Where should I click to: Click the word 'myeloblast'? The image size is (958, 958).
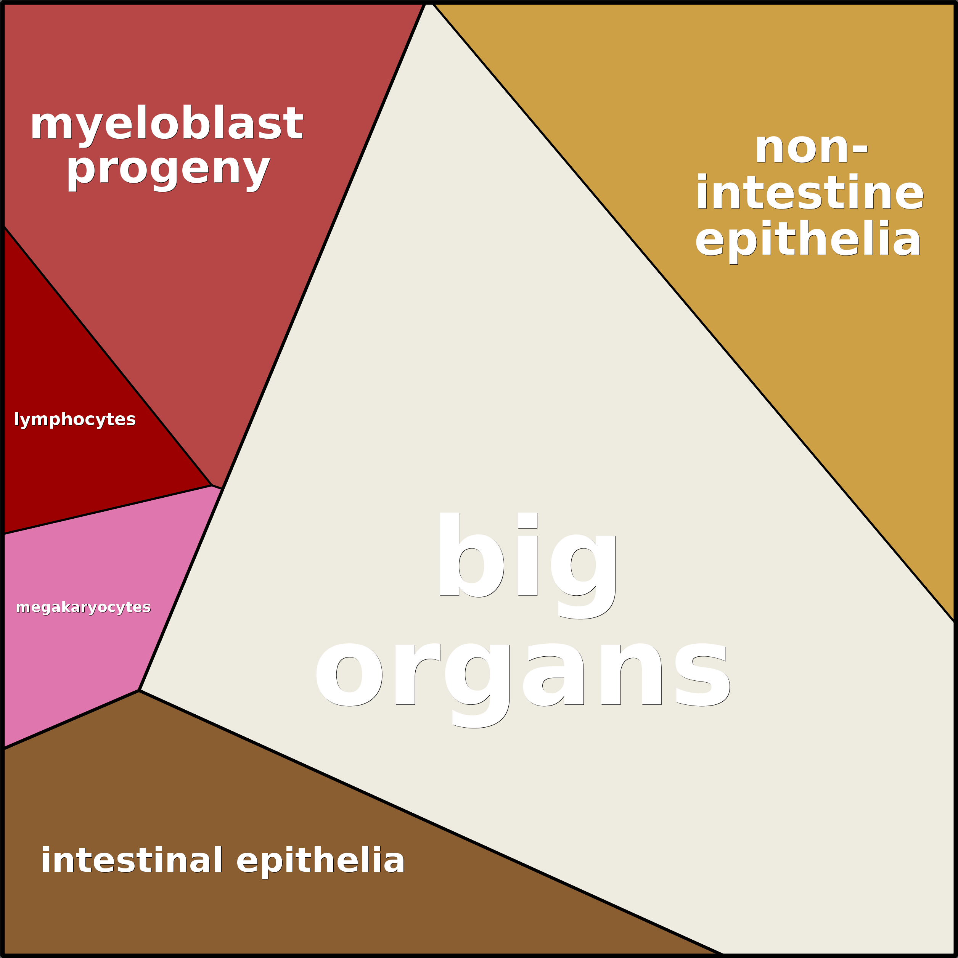click(x=166, y=124)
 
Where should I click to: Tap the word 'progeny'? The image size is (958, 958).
click(x=169, y=170)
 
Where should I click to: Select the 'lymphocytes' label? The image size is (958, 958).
click(x=75, y=420)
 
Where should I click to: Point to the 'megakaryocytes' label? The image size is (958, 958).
click(x=83, y=608)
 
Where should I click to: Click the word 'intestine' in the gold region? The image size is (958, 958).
click(x=810, y=194)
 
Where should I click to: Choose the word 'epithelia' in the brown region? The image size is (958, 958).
click(x=321, y=861)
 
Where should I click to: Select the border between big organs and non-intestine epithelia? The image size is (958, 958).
click(x=694, y=312)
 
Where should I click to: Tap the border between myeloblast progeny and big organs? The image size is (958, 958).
click(x=322, y=248)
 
